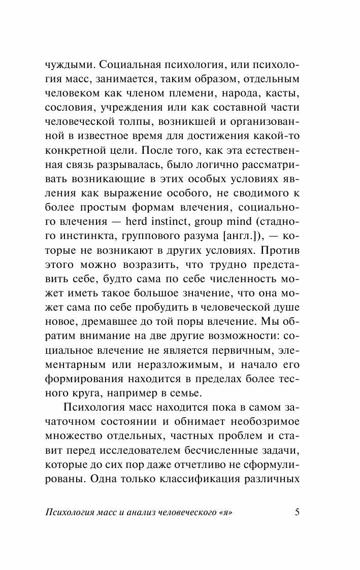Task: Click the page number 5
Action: point(298,512)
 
